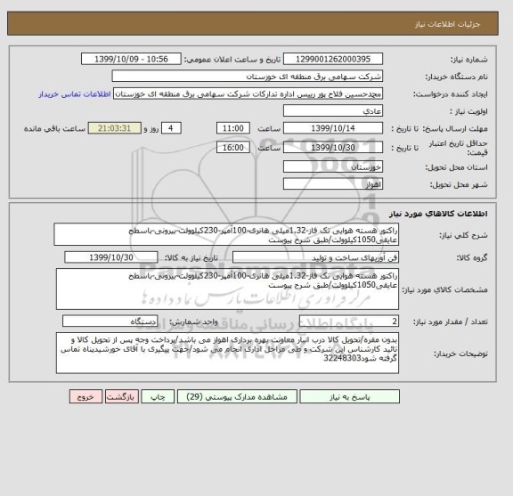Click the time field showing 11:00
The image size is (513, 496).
tap(233, 127)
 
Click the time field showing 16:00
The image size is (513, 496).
tap(233, 147)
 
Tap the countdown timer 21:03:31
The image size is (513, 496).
tap(118, 127)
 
